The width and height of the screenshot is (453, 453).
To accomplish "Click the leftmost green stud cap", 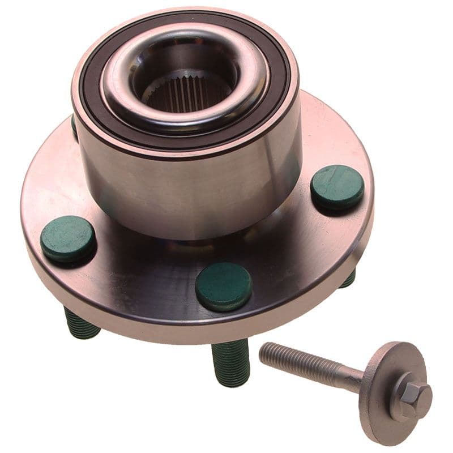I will (67, 239).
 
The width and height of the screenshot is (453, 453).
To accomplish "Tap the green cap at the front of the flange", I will (223, 286).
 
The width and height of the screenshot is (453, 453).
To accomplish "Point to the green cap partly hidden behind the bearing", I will (74, 126).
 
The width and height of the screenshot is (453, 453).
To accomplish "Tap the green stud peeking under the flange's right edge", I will (348, 279).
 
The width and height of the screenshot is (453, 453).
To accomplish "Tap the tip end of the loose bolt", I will (264, 351).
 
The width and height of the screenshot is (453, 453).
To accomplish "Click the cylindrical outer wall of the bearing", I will (187, 187).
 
